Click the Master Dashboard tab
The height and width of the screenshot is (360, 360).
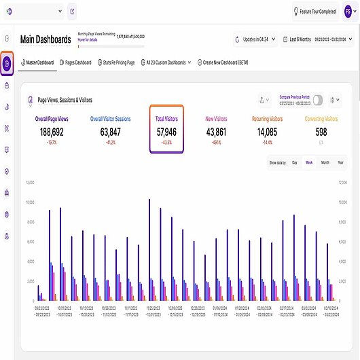[x=38, y=62]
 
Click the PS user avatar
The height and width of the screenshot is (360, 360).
[x=348, y=12]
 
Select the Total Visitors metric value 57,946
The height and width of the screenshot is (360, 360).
[x=166, y=132]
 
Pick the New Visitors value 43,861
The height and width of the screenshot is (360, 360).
[x=217, y=132]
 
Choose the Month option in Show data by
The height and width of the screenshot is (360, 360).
[x=325, y=163]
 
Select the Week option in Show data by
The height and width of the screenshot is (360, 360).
[x=309, y=163]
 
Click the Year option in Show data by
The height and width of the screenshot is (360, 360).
[x=341, y=163]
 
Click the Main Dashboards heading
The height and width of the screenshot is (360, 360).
[x=46, y=39]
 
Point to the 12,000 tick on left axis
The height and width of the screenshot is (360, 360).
[x=29, y=183]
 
